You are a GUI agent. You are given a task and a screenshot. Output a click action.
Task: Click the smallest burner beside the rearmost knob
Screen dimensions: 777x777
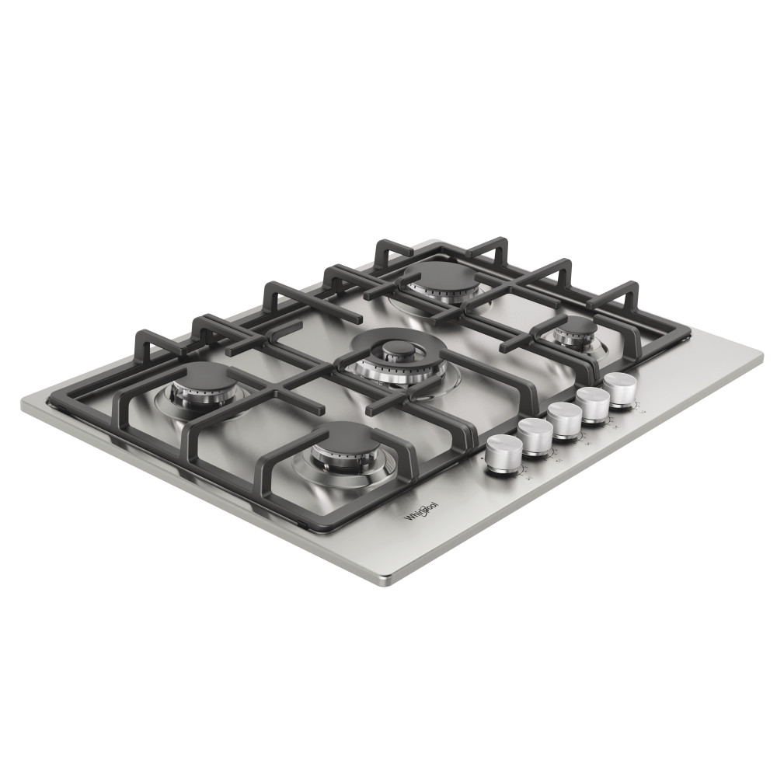click(x=576, y=328)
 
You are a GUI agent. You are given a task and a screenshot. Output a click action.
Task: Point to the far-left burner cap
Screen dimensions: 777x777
click(x=202, y=377)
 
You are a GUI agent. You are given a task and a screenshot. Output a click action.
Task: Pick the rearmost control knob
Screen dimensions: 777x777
click(x=619, y=385)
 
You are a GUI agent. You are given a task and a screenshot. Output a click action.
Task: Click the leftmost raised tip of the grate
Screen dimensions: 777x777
click(x=140, y=336)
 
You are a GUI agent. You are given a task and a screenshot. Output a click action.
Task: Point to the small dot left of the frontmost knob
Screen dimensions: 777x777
click(x=484, y=461)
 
